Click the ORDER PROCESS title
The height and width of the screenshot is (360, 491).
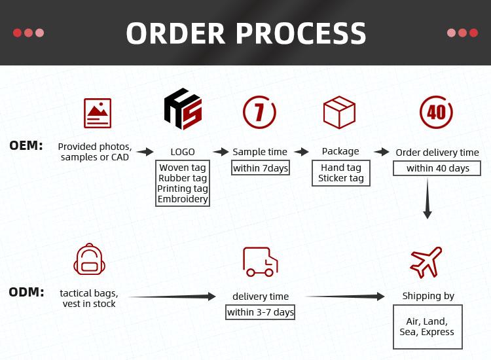click(245, 33)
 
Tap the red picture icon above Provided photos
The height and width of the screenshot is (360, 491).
click(98, 113)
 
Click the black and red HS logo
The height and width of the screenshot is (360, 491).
click(183, 109)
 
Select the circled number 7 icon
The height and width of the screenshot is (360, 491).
click(259, 112)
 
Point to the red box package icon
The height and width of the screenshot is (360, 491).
click(339, 113)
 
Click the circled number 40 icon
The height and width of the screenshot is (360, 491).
click(436, 112)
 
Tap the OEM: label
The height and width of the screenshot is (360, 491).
click(26, 145)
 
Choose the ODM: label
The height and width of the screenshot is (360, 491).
click(26, 292)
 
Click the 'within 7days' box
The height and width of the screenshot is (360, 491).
click(260, 168)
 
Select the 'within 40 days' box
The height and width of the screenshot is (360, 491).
click(437, 168)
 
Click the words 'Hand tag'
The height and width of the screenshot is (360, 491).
click(341, 168)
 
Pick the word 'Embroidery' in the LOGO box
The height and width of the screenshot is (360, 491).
click(183, 199)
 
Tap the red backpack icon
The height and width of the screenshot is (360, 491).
click(89, 259)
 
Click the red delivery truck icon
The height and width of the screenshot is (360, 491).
click(260, 262)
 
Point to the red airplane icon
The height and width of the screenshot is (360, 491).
click(426, 262)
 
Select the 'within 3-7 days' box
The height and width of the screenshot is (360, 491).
click(260, 312)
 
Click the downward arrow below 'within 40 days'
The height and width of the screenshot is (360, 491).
click(427, 198)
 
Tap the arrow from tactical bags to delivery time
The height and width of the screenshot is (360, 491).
click(172, 296)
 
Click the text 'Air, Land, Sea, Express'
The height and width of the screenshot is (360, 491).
click(427, 327)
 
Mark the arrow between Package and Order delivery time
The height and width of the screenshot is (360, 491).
click(382, 152)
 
